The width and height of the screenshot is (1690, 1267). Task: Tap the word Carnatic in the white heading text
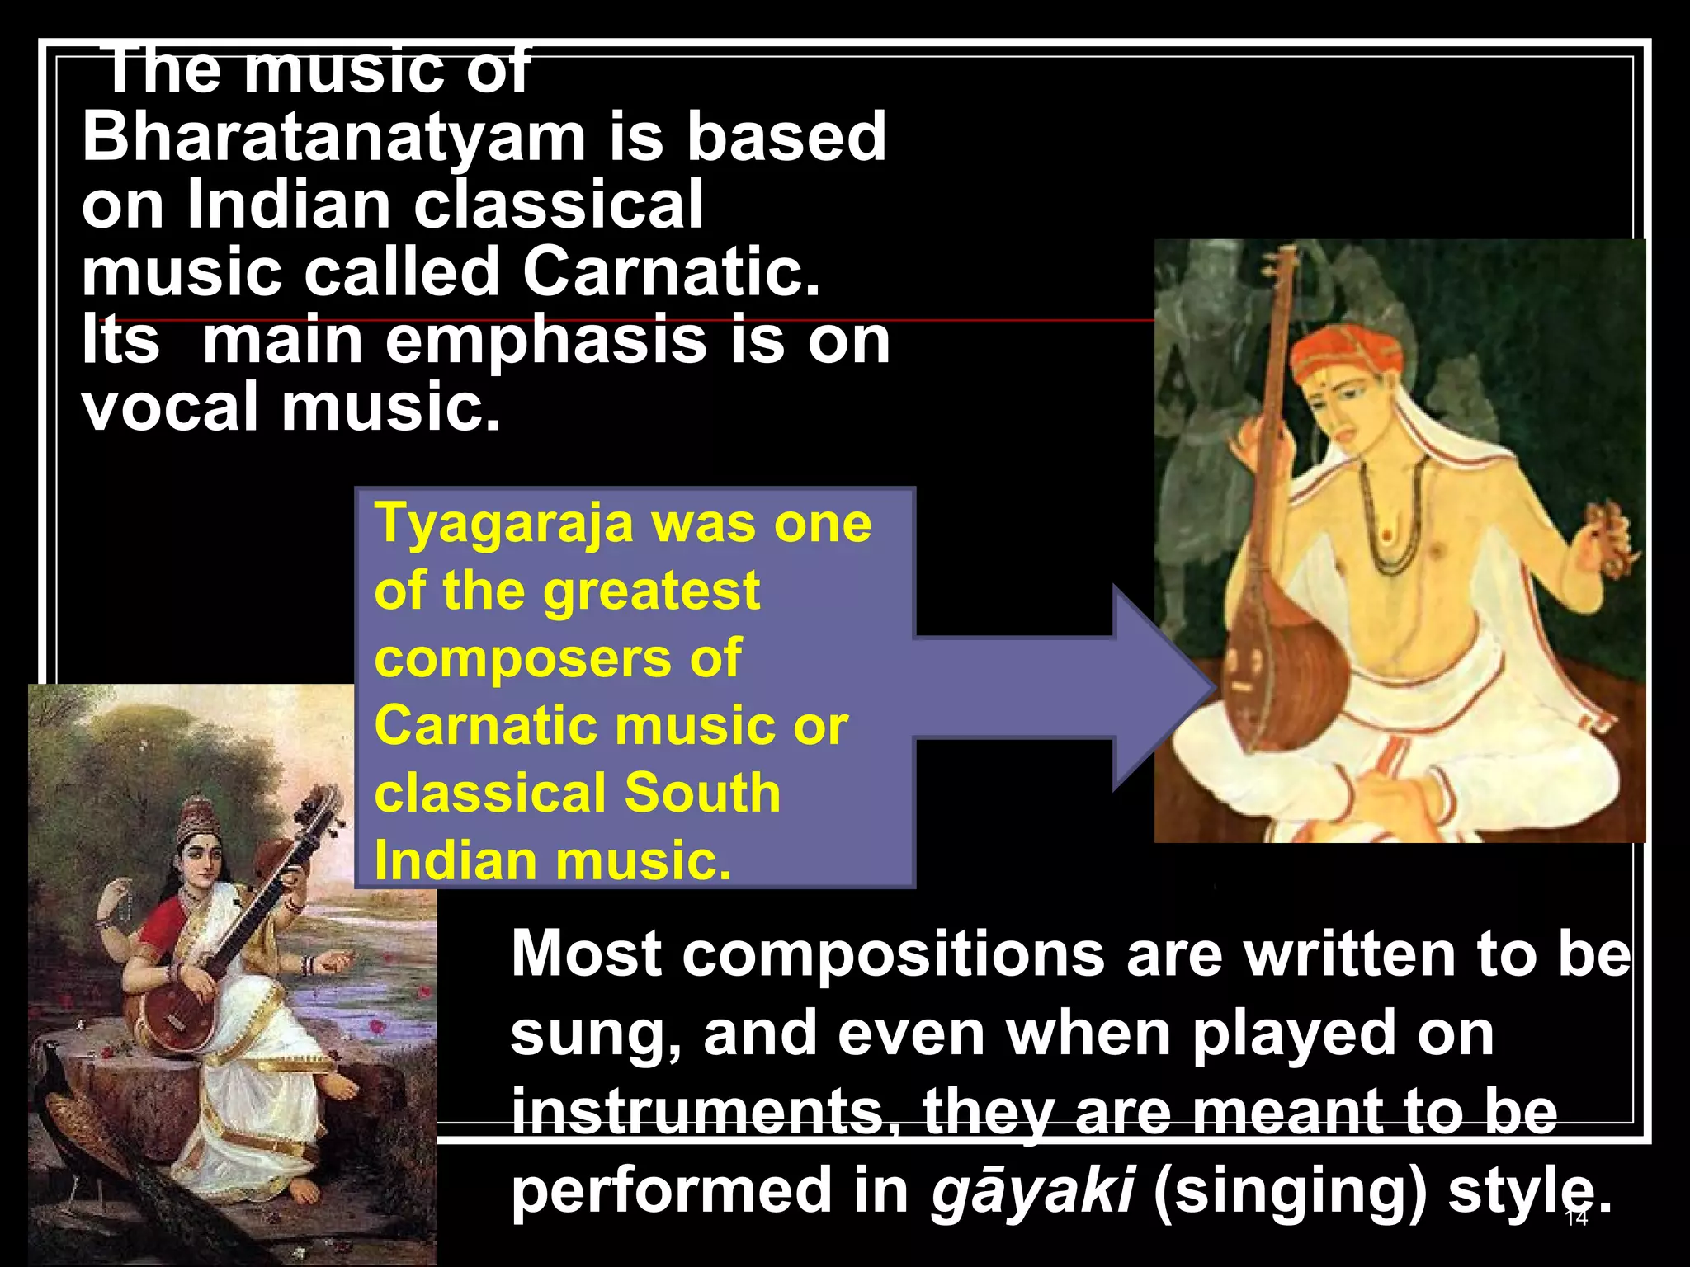point(670,272)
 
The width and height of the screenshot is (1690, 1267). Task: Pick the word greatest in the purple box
point(651,591)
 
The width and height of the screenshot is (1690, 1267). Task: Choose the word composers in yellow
point(522,658)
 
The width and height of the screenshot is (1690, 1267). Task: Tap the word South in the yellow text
point(701,793)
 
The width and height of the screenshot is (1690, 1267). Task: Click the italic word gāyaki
point(1031,1190)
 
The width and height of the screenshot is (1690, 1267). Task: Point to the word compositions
point(894,954)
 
